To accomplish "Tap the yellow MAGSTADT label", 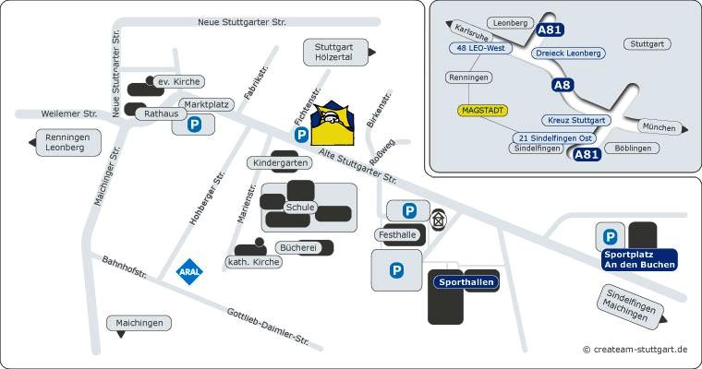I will (x=482, y=110).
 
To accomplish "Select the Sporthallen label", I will (x=466, y=281).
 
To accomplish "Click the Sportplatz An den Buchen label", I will (x=638, y=259).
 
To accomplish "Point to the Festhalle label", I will (x=398, y=235).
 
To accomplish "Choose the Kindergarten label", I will (x=279, y=163).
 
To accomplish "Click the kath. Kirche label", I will (x=253, y=262).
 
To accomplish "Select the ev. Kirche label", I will (x=177, y=81).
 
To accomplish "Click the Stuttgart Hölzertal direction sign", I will (x=334, y=53).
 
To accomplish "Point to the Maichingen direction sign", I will (x=139, y=323).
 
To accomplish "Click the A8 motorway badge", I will (x=563, y=85).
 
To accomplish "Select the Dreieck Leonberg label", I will (x=568, y=54).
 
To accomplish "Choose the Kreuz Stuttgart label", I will (x=575, y=121).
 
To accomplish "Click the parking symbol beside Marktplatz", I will (x=194, y=125).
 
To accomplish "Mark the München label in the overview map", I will (x=659, y=127).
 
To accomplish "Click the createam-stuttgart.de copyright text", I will (x=635, y=350).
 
